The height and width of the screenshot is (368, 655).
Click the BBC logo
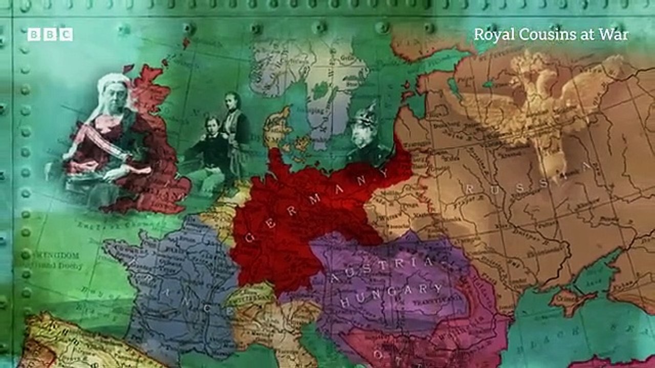(x=50, y=34)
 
